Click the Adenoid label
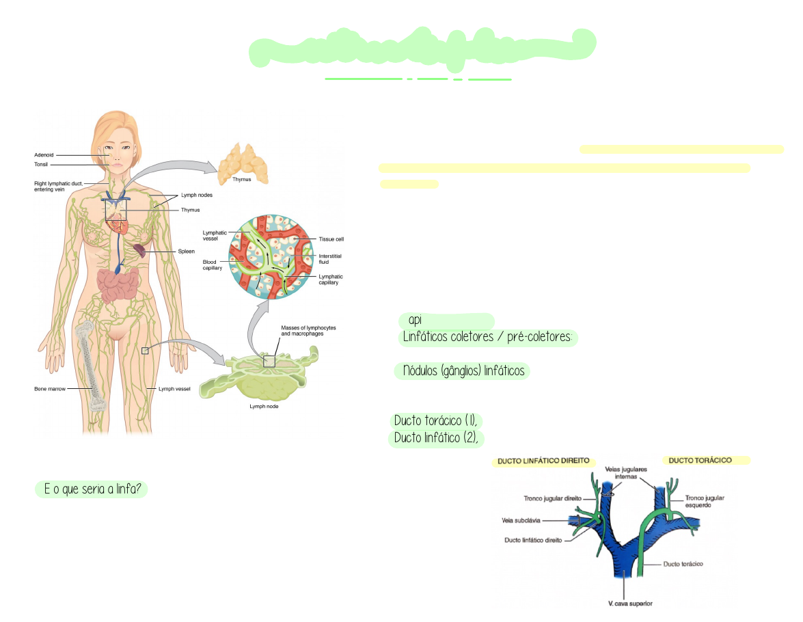(44, 155)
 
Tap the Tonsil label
(41, 164)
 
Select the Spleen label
(186, 252)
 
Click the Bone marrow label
(51, 389)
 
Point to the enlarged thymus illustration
(242, 162)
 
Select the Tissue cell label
(331, 239)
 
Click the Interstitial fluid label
(330, 258)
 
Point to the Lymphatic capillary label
(331, 280)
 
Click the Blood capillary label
(213, 265)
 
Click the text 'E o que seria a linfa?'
(92, 489)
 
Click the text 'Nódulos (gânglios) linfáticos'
(463, 371)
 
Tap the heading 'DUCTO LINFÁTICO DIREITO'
(543, 461)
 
